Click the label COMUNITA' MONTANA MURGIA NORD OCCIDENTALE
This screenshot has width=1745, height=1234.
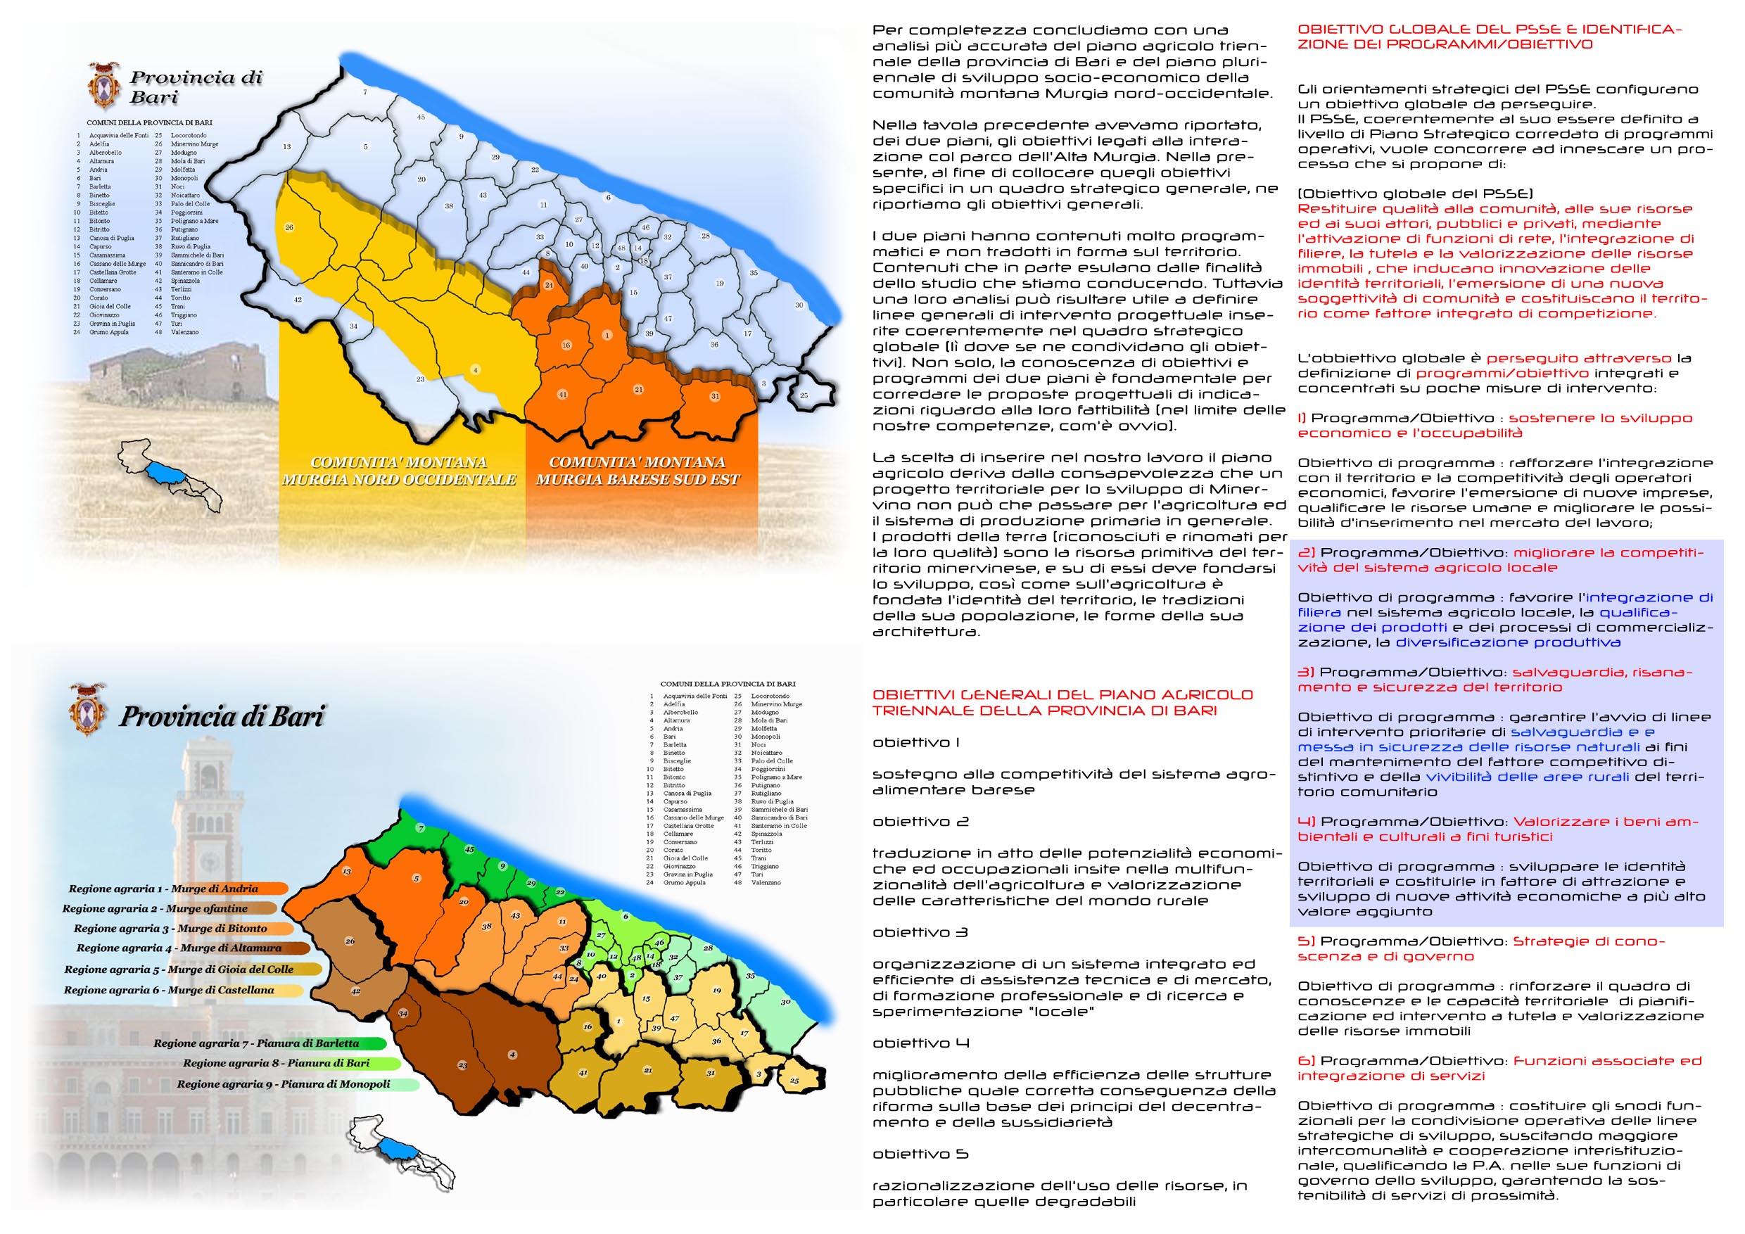click(399, 471)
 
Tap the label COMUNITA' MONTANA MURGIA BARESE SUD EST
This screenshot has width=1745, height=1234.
click(637, 471)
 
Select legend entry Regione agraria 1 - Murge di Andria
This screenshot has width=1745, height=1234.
click(163, 889)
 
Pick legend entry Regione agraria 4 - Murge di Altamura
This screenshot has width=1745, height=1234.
click(179, 948)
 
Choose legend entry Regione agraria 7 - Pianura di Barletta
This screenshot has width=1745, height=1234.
click(256, 1043)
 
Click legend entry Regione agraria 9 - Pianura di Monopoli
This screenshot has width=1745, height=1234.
click(284, 1084)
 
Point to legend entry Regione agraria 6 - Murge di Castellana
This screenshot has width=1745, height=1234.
click(169, 990)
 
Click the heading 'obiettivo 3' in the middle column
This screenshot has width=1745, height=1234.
click(909, 933)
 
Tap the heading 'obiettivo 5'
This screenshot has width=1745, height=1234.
click(910, 1155)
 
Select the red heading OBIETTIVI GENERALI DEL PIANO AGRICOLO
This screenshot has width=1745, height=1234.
click(1062, 694)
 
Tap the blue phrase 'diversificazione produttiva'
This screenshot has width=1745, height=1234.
click(1508, 643)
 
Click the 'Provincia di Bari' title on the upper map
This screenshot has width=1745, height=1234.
click(196, 87)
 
